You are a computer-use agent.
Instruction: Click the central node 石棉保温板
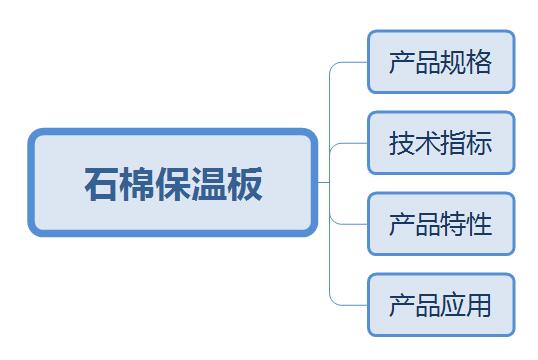tap(173, 183)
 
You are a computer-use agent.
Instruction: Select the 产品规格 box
tap(441, 62)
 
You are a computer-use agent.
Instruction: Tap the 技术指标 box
tap(441, 143)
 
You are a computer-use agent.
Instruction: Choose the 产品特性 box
tap(441, 224)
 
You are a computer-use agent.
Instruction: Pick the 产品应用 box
tap(441, 305)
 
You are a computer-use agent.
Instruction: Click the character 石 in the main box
tap(102, 184)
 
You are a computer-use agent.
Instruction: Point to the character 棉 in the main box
tap(138, 184)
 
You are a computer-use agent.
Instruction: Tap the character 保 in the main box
tap(173, 184)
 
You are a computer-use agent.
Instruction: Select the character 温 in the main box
tap(209, 184)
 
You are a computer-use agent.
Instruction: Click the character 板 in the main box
tap(245, 184)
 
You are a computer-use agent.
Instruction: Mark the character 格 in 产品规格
tap(479, 62)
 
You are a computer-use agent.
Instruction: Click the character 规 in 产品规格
tap(454, 62)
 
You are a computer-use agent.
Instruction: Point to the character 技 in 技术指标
tap(402, 143)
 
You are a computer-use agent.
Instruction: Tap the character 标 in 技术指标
tap(479, 143)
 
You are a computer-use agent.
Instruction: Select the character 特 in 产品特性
tap(454, 224)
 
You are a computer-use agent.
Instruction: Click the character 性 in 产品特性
tap(479, 224)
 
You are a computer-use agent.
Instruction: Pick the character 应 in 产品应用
tap(454, 305)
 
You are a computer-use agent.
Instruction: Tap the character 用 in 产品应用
tap(479, 305)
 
